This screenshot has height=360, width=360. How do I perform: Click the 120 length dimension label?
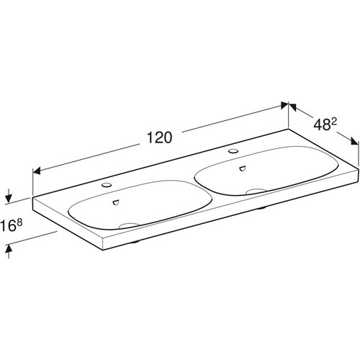coord(159,138)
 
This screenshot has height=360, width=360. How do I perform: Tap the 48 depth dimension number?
coord(321,125)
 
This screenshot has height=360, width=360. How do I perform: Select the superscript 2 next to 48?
coord(334,122)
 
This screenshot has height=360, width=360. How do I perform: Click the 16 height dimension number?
coord(8,226)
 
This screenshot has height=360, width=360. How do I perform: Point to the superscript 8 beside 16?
coord(19,222)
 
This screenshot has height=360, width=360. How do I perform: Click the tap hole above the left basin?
coord(107,185)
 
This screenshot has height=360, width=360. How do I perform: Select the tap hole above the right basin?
coord(233,151)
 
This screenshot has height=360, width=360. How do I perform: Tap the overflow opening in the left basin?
coord(116,202)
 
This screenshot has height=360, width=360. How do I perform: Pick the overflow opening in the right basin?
coord(243,168)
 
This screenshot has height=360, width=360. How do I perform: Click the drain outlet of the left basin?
coord(129,225)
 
